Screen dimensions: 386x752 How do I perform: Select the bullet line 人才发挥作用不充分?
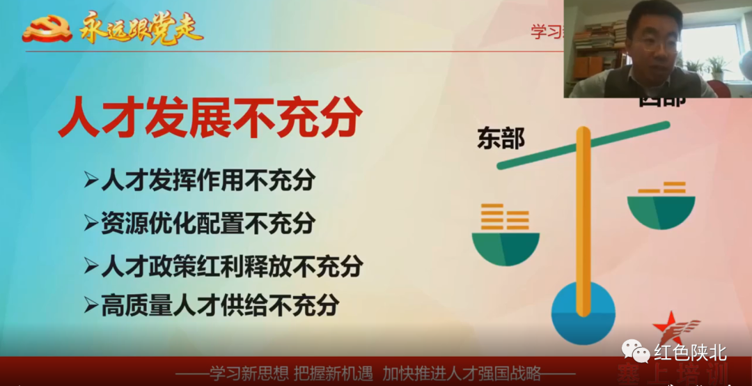tap(207, 180)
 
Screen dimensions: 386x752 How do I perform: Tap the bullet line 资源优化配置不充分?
tap(207, 223)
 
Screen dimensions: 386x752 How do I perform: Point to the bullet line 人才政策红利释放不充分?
tap(232, 265)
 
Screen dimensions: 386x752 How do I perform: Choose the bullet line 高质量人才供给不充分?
tap(220, 305)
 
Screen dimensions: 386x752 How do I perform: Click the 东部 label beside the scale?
tap(501, 139)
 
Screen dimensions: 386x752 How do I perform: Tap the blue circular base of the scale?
tap(583, 313)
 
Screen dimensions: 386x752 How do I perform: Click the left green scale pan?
tap(506, 248)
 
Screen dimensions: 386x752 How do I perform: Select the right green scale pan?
tap(661, 212)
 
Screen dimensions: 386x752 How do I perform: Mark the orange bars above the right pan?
tap(663, 187)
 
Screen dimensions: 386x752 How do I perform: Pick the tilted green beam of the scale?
tap(583, 146)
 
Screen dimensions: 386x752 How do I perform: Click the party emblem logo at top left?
tap(47, 29)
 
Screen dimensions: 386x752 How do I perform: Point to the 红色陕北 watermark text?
tap(690, 353)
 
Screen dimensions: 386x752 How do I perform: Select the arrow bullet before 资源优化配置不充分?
tap(91, 224)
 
